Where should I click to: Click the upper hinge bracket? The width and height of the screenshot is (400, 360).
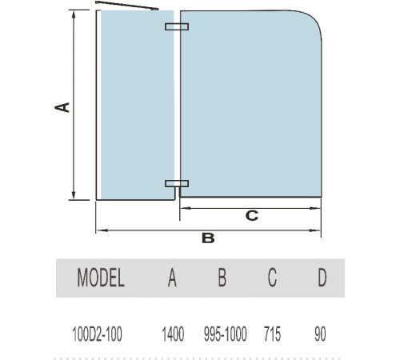click(x=177, y=26)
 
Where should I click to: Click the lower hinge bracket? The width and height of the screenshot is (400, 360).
click(x=177, y=183)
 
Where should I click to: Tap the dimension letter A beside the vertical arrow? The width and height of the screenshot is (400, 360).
click(x=62, y=107)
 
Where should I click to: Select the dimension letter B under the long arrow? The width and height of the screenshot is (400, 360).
click(x=208, y=238)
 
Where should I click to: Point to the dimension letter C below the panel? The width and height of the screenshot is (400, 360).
click(x=252, y=216)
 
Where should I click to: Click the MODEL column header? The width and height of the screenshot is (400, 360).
click(x=101, y=278)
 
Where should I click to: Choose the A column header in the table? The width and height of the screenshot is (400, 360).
click(x=172, y=278)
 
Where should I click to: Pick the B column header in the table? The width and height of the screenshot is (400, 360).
click(x=222, y=278)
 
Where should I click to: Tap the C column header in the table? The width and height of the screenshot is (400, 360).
click(x=272, y=278)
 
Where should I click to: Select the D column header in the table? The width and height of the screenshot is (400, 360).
click(x=322, y=278)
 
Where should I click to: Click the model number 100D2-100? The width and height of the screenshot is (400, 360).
click(x=98, y=334)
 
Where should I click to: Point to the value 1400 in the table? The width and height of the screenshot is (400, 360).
click(x=173, y=334)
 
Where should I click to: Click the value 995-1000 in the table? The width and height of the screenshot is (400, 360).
click(x=226, y=334)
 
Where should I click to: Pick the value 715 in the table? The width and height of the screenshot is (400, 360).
click(x=272, y=334)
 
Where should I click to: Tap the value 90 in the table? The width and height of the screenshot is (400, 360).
click(x=320, y=334)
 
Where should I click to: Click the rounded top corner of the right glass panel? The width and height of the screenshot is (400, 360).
click(x=314, y=18)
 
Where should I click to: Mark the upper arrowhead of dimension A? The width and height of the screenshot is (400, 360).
click(x=74, y=14)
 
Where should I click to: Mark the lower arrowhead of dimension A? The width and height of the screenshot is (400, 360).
click(x=74, y=195)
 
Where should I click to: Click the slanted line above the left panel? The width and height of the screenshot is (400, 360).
click(x=127, y=6)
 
